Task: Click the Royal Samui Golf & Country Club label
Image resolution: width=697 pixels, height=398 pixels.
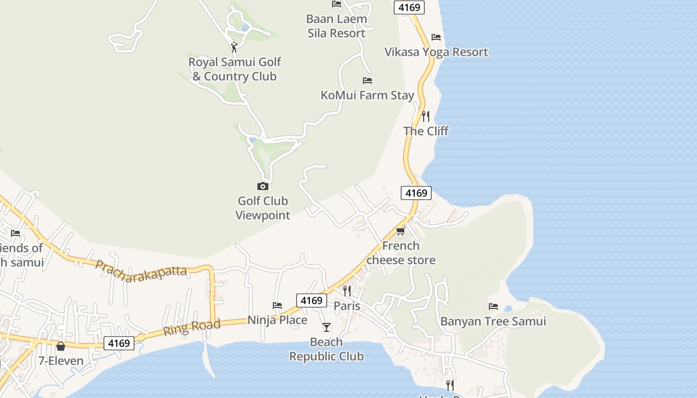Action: [234, 69]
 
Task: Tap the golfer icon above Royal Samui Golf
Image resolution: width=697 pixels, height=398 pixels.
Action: [234, 47]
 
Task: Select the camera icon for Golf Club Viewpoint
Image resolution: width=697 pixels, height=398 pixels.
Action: [262, 187]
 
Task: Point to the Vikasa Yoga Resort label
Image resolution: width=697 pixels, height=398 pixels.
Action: [436, 52]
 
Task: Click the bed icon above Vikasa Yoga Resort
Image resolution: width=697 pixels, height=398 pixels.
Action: [436, 37]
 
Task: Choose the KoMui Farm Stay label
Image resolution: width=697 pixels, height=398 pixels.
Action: [367, 95]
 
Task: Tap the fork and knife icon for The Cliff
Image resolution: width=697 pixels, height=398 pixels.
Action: [426, 116]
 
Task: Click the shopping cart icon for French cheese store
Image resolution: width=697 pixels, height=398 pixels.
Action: [401, 231]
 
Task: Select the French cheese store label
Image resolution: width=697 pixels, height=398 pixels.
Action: [401, 253]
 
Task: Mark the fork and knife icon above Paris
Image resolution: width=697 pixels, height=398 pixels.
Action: [347, 291]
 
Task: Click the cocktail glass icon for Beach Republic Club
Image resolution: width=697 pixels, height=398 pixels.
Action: [326, 327]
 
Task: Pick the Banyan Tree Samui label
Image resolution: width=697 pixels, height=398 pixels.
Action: [493, 321]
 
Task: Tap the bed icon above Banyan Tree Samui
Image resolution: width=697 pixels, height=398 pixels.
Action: [493, 306]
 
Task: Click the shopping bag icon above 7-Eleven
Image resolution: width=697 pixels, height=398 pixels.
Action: [61, 346]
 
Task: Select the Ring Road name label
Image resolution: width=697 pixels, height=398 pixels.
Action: [192, 328]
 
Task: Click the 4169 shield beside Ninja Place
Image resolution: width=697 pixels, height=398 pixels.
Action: [312, 300]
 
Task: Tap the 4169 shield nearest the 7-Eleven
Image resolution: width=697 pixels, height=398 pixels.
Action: [119, 343]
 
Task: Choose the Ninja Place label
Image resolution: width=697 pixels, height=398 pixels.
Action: [277, 320]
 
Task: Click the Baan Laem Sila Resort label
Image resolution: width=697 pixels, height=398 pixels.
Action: [337, 26]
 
